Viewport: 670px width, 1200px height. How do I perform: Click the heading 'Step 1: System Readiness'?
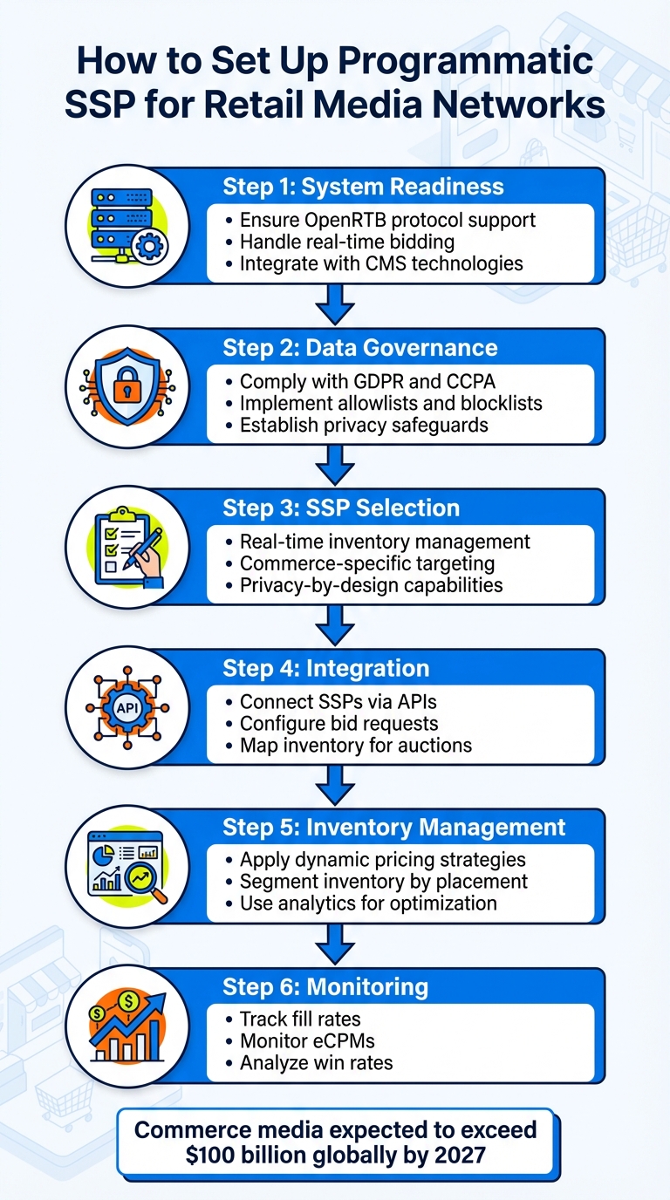[x=363, y=187]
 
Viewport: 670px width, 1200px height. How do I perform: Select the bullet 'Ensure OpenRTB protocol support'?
[x=386, y=219]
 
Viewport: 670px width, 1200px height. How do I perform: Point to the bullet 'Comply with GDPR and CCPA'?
[x=355, y=381]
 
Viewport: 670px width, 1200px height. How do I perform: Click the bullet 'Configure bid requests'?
[x=338, y=724]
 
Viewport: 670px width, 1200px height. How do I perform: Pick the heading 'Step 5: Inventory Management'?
[x=394, y=827]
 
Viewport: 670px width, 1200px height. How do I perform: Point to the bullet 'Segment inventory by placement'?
[x=382, y=882]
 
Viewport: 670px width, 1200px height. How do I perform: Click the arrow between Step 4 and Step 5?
[x=335, y=785]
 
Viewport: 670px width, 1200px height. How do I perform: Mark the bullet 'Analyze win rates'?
[x=316, y=1063]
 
